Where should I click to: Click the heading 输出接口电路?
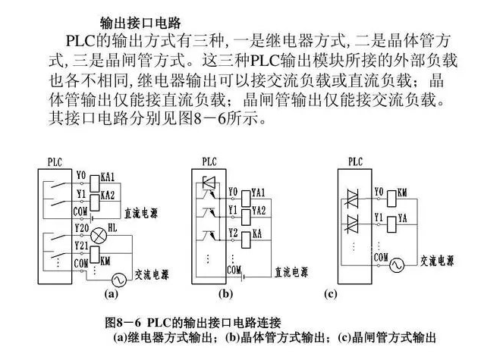[x=140, y=22]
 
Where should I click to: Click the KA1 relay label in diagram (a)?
[x=107, y=177]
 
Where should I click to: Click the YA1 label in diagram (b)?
[x=258, y=193]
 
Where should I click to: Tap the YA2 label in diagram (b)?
[x=258, y=210]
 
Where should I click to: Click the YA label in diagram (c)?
[x=402, y=217]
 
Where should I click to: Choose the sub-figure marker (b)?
[x=225, y=292]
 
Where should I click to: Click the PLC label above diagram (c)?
[x=354, y=161]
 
